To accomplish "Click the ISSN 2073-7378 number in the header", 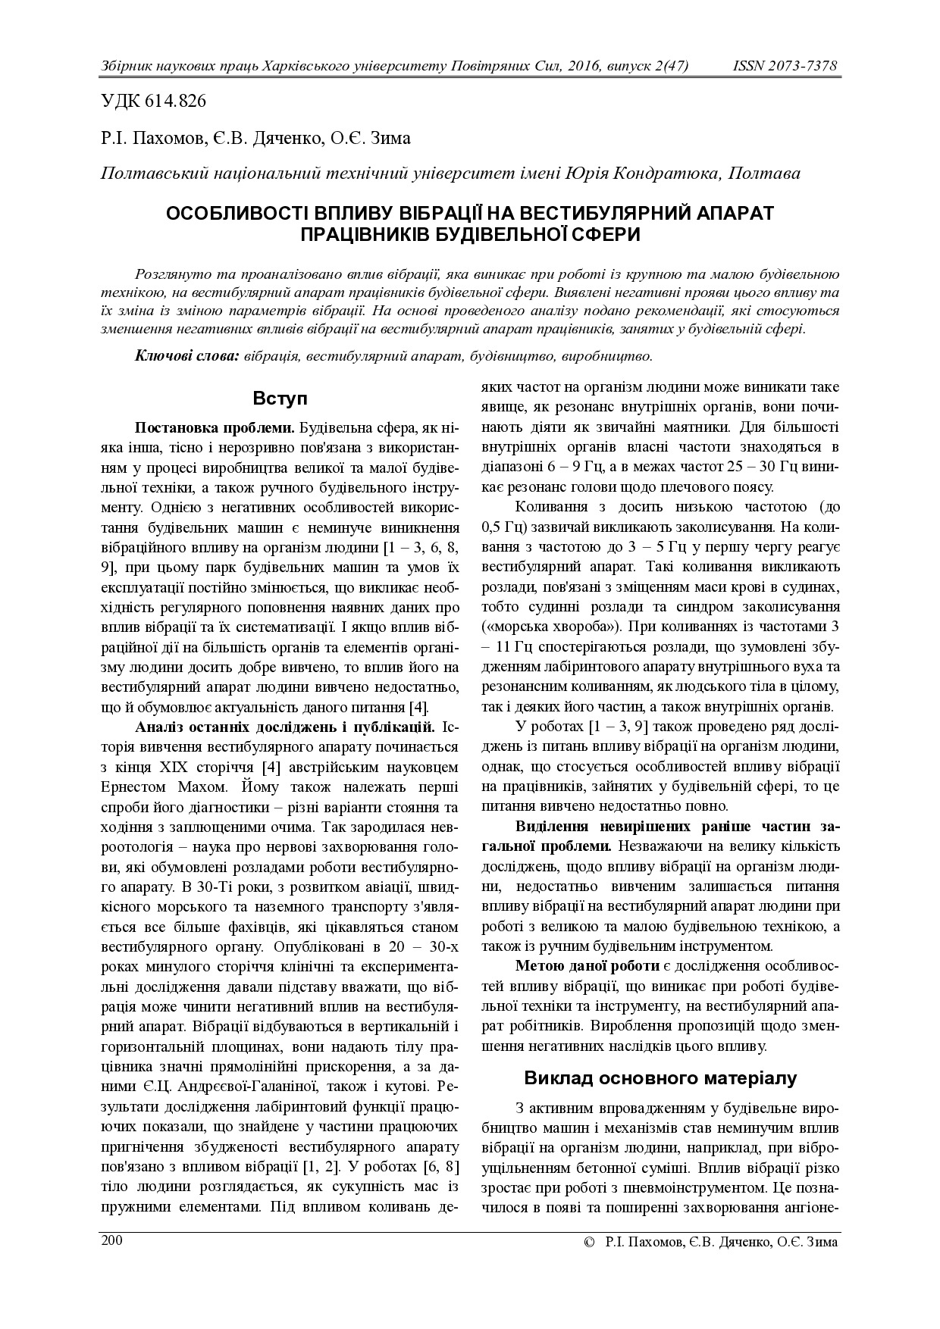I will click(x=785, y=66).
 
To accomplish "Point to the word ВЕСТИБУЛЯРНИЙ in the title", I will click(x=636, y=213).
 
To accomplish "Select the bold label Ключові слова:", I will click(x=187, y=355).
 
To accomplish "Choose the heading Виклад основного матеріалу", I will click(x=660, y=1077).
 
